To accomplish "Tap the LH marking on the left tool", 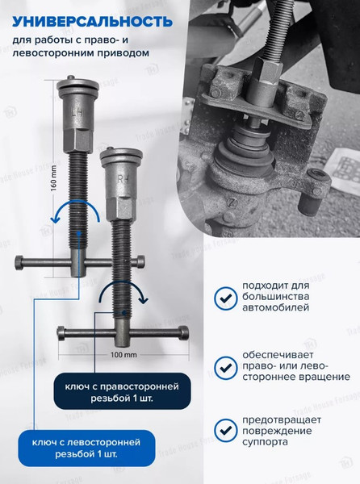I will click(x=77, y=114).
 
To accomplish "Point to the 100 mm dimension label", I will click(x=119, y=353).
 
